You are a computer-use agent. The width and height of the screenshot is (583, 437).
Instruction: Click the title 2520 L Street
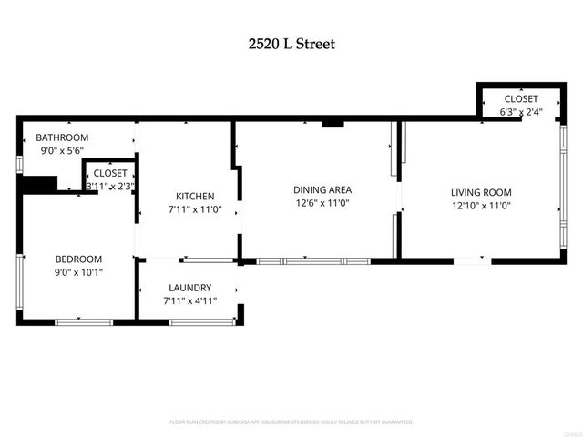291,43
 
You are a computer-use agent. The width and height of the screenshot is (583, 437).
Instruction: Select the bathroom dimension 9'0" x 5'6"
61,150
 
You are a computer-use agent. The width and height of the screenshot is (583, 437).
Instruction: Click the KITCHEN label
195,196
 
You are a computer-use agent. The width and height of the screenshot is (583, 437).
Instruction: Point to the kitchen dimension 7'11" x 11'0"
195,208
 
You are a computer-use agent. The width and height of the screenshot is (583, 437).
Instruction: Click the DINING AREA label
322,190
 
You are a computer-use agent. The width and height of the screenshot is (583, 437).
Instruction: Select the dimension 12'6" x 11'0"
322,203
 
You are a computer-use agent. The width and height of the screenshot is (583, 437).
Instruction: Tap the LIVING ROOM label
481,192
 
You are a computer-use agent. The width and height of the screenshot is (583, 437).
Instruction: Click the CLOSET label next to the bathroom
110,172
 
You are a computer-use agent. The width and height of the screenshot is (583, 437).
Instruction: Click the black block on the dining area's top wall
332,122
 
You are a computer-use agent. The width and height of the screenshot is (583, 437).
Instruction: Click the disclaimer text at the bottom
291,422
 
